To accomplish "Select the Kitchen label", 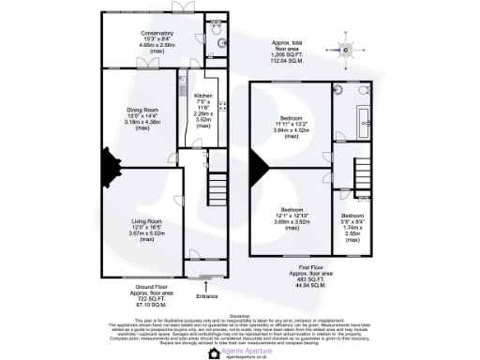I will pos(203,96).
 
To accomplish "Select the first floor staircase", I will pos(364,172).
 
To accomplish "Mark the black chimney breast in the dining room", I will pos(109,169).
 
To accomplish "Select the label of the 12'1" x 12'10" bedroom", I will pos(292,209).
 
